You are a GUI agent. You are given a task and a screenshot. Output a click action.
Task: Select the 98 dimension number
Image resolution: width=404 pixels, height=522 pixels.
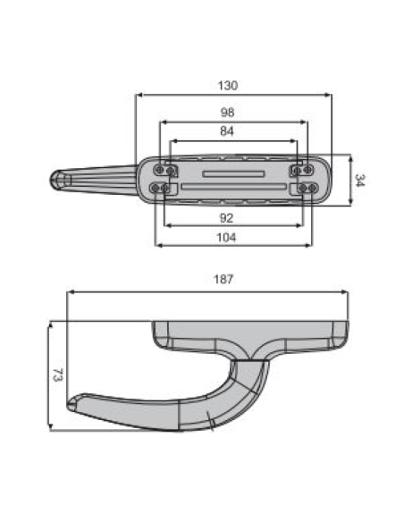229,114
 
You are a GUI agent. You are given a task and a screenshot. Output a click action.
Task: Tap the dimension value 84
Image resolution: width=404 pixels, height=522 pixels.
229,132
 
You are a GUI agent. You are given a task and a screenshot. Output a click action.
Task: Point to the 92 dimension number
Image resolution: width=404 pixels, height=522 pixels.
229,216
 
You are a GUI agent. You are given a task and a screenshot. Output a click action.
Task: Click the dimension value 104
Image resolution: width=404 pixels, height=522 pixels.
229,237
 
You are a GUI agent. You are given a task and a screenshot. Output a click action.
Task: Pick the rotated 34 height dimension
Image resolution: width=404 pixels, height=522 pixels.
359,180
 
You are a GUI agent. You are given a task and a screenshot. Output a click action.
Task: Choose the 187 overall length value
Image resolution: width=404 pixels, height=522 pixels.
224,280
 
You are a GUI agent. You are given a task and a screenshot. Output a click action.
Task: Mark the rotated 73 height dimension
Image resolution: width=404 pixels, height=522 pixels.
57,375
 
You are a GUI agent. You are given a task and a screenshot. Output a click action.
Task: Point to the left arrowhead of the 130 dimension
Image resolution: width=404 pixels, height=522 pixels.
138,95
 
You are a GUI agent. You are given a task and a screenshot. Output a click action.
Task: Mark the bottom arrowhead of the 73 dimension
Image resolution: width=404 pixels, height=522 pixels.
50,427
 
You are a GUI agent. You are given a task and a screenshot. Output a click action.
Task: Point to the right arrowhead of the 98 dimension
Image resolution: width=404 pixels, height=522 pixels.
306,122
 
